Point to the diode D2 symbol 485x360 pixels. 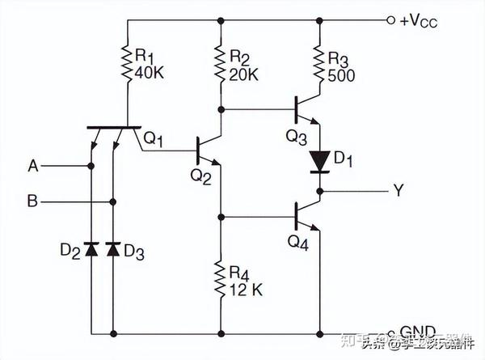pyautogui.click(x=91, y=250)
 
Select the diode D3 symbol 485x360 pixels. pyautogui.click(x=112, y=250)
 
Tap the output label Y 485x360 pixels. pyautogui.click(x=397, y=192)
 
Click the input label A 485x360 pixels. pyautogui.click(x=33, y=166)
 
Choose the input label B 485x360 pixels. pyautogui.click(x=33, y=201)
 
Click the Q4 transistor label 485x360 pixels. pyautogui.click(x=299, y=242)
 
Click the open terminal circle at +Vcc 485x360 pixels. pyautogui.click(x=391, y=19)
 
